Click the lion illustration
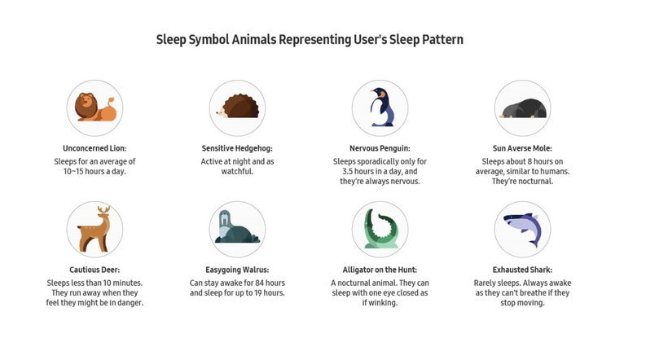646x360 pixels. [x=94, y=107]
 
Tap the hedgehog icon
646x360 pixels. [x=238, y=106]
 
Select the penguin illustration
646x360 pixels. [x=381, y=107]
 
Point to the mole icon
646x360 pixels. [x=523, y=108]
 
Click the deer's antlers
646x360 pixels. [x=103, y=210]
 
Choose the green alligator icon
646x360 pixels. [x=380, y=229]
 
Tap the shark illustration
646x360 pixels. [x=522, y=229]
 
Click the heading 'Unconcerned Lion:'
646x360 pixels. [x=94, y=148]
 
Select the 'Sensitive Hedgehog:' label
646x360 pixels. [x=237, y=148]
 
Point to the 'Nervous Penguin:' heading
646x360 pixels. [x=380, y=148]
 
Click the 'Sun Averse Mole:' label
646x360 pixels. [x=522, y=148]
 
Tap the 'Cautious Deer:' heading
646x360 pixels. [x=94, y=270]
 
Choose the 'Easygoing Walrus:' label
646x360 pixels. [x=237, y=270]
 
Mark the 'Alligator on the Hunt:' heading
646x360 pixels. [x=380, y=270]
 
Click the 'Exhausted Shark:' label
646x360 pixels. [x=522, y=270]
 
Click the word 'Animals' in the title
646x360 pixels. [x=254, y=40]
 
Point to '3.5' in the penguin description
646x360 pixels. [x=349, y=171]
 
